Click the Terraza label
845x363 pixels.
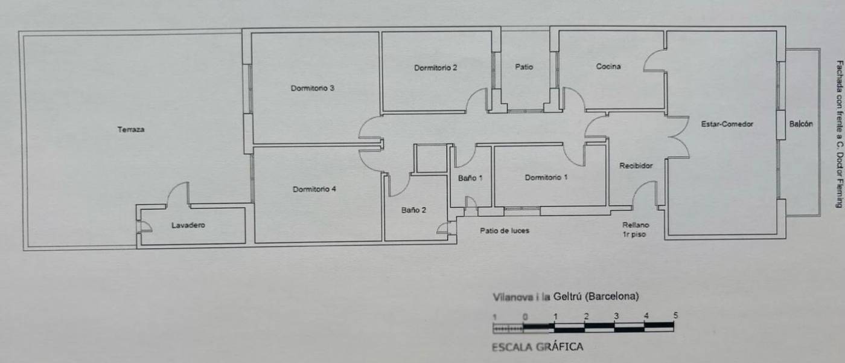(131, 129)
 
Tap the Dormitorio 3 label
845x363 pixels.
(313, 88)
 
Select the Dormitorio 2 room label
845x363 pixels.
(436, 68)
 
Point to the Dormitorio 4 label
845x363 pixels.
(314, 189)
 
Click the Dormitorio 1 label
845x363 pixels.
(546, 178)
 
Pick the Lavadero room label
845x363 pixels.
(188, 225)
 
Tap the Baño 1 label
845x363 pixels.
(470, 178)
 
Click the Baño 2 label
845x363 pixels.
(413, 210)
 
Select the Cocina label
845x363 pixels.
(608, 66)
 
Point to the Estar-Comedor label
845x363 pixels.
(727, 124)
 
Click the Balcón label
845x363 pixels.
(802, 124)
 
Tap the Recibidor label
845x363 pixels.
(636, 165)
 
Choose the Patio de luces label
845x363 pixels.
(505, 231)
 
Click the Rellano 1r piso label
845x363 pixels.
(635, 230)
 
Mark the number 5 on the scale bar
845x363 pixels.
(675, 315)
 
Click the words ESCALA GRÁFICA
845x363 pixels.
(538, 347)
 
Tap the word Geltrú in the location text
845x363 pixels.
(567, 297)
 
